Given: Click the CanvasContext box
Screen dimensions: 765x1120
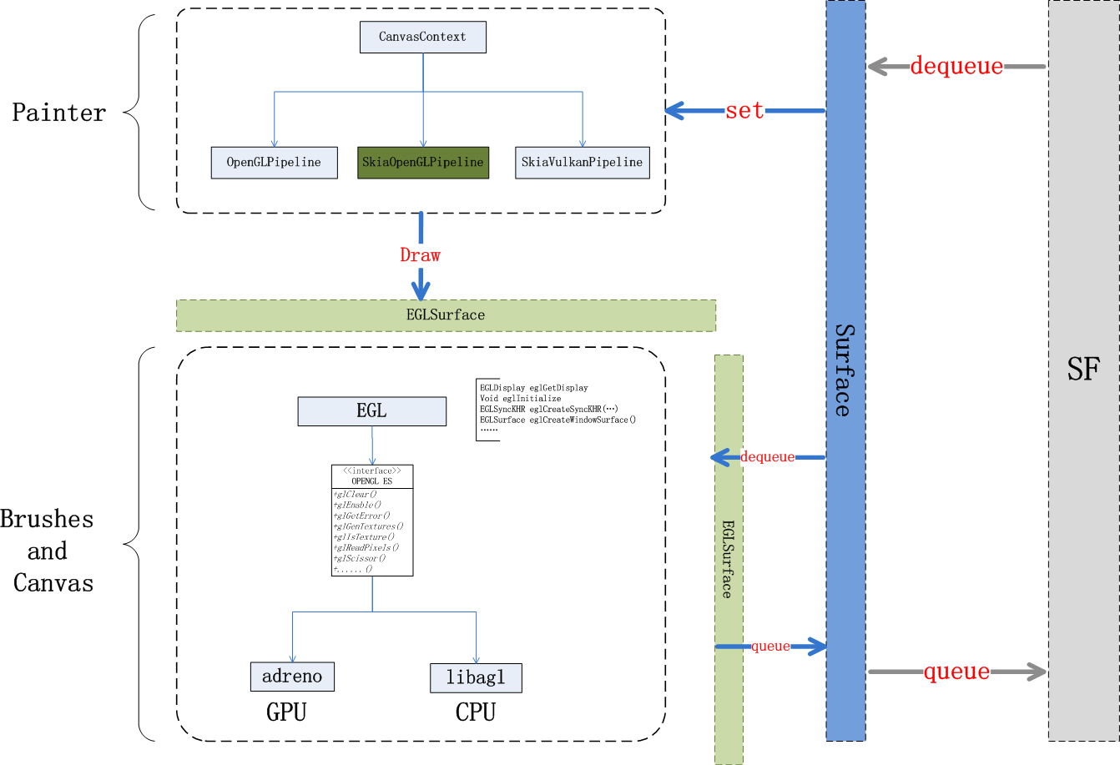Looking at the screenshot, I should [422, 38].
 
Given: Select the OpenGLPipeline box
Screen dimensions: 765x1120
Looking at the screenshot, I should [274, 163].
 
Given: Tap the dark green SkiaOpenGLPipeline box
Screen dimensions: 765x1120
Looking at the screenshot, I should [423, 163].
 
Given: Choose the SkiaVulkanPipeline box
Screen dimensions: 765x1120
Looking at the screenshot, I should [582, 163].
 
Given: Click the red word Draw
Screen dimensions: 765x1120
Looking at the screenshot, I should [420, 255].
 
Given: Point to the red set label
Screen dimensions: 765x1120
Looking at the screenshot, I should [744, 110].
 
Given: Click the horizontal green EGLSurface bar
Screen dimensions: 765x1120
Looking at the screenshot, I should [446, 315].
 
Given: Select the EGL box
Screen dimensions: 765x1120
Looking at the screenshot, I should [371, 411].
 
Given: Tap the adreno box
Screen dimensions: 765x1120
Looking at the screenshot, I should [292, 677].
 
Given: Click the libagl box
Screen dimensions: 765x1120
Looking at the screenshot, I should [476, 678].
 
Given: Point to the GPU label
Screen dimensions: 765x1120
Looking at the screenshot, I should [286, 712].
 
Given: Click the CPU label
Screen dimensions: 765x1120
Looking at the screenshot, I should [476, 712].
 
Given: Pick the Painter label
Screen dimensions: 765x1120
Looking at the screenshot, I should [59, 113].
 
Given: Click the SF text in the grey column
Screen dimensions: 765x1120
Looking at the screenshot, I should [1083, 369].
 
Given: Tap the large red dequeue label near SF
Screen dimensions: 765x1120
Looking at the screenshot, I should [956, 66].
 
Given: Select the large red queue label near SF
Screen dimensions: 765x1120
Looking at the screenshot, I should [956, 672].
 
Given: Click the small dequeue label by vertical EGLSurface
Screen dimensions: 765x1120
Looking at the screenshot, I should [767, 457].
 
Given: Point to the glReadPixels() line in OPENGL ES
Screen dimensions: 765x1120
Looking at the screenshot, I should [366, 548].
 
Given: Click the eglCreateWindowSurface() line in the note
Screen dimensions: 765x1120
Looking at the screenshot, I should [557, 420].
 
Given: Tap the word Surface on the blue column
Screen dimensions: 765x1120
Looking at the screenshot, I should [845, 370].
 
